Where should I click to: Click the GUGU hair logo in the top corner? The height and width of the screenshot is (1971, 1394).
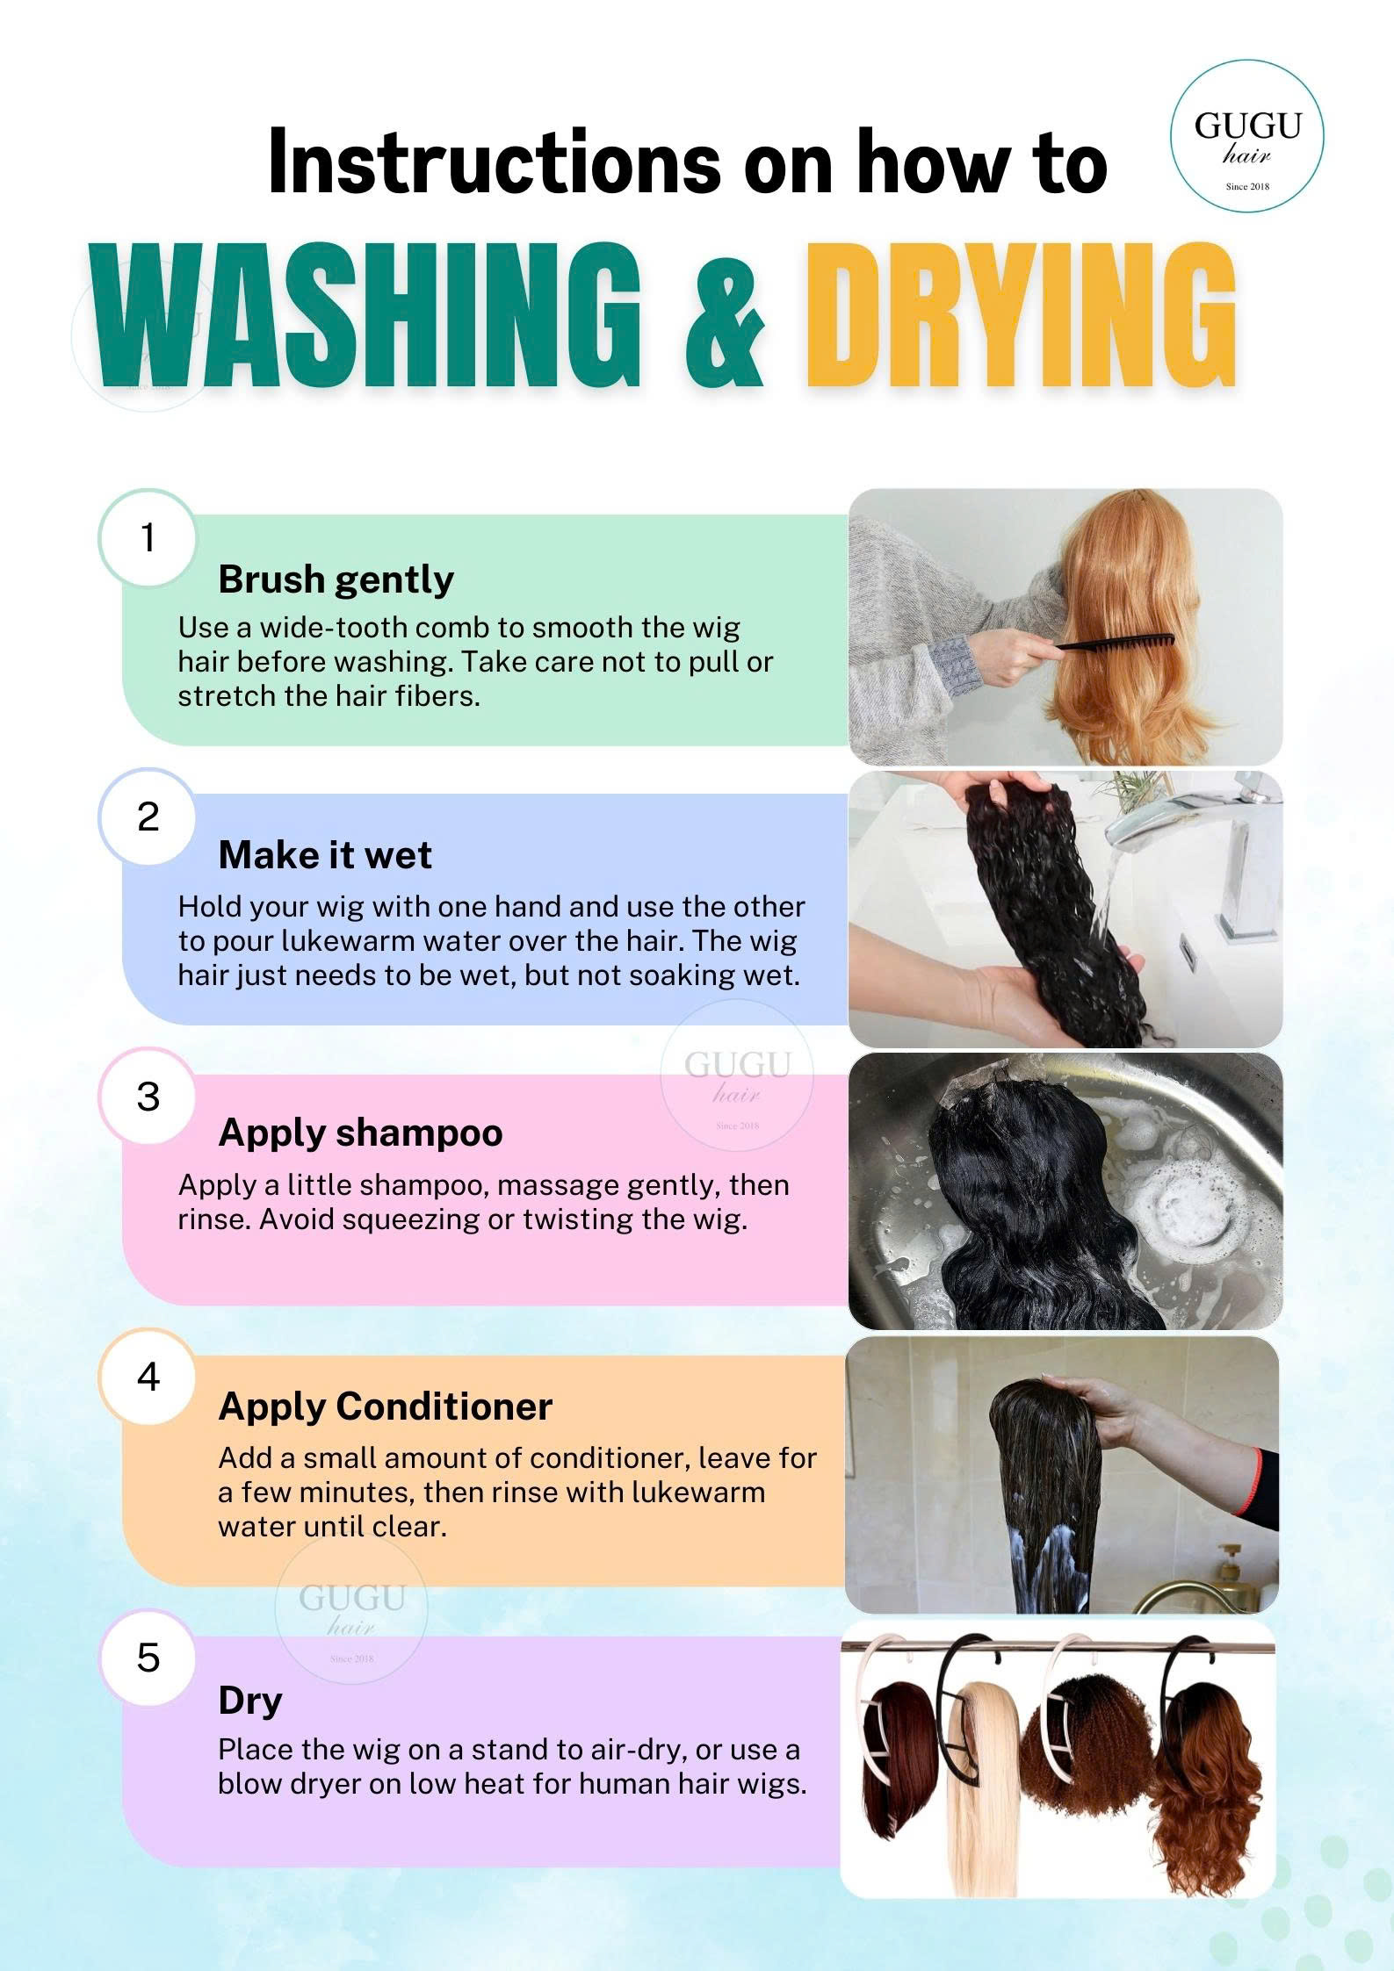1247,135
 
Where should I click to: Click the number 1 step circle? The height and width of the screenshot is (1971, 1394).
148,537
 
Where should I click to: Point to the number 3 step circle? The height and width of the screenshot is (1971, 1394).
148,1097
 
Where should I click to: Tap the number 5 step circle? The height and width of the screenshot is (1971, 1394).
148,1658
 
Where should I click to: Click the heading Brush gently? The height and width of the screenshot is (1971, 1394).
336,580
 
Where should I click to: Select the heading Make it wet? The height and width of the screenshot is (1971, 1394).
325,855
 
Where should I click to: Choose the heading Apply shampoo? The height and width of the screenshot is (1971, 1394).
360,1133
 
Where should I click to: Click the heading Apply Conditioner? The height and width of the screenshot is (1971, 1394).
385,1406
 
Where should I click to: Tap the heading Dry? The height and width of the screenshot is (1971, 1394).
250,1701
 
